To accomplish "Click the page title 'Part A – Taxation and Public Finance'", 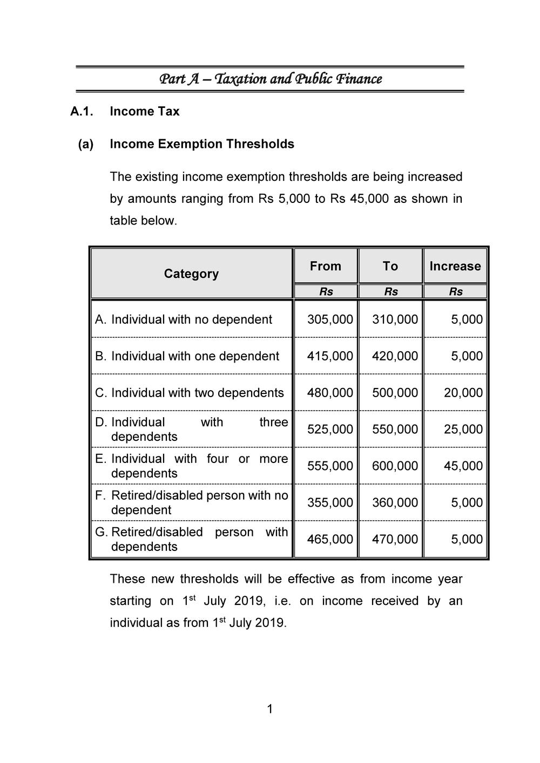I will [270, 79].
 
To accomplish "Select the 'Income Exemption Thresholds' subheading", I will [201, 144].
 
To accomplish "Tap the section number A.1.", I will [82, 112].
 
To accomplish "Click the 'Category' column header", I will [191, 274].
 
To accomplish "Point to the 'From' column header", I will [325, 266].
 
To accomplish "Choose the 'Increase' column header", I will [455, 266].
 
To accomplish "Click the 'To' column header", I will [390, 266].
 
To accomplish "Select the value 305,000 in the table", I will [330, 319].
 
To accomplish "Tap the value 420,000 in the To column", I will [395, 356].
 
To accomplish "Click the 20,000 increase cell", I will [463, 393].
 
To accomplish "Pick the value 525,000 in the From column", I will [330, 430].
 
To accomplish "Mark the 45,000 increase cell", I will [463, 466].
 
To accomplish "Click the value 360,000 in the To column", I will [395, 503].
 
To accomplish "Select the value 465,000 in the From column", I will [330, 540].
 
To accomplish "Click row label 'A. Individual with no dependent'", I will [184, 319].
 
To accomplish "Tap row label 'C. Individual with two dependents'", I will [189, 393].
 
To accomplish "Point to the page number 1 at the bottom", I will [270, 709].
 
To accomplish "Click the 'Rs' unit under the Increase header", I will [455, 292].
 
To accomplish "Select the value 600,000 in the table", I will [395, 466].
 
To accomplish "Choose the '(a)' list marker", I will [86, 144].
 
